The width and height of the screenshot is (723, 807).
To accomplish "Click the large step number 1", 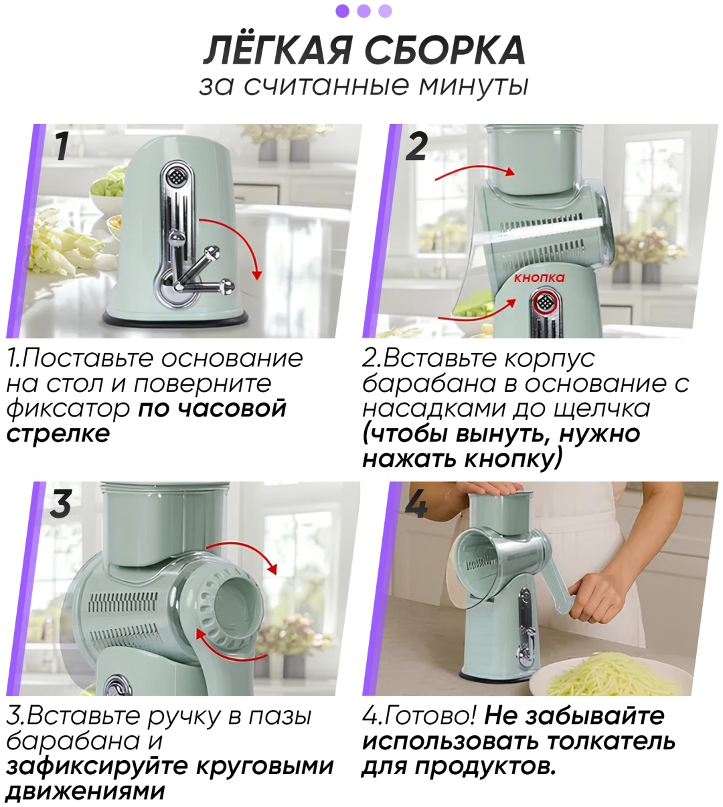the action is tap(62, 147).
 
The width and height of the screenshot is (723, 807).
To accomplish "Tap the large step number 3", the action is tap(60, 504).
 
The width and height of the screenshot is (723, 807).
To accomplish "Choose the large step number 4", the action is tap(416, 504).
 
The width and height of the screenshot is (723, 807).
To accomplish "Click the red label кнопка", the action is tap(539, 278).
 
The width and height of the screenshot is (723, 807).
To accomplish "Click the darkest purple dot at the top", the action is tap(342, 11).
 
